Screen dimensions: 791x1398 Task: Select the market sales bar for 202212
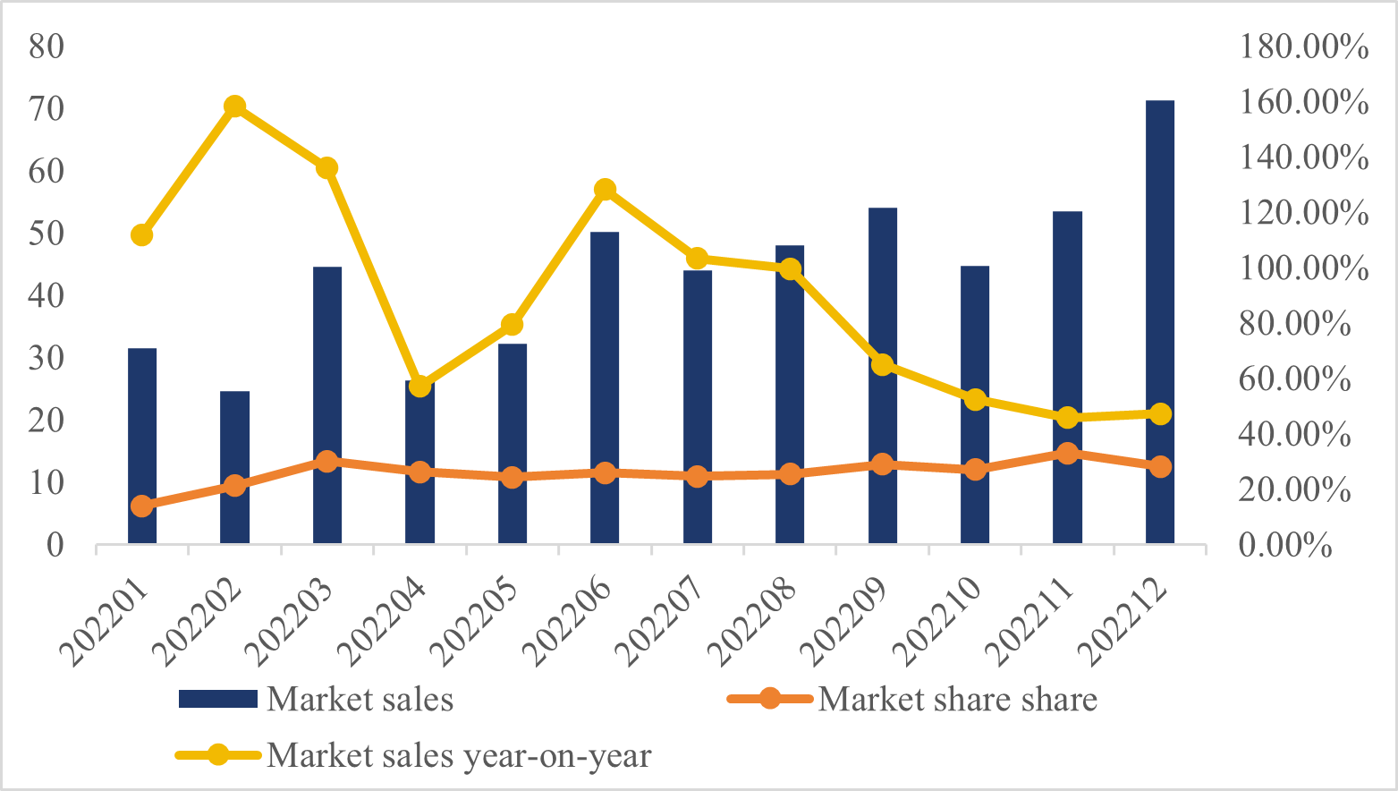[1159, 322]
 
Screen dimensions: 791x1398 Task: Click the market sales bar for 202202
[234, 467]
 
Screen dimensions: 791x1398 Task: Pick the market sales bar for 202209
[882, 376]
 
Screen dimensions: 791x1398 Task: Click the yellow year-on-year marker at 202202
[234, 106]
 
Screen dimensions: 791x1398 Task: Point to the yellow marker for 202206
[605, 190]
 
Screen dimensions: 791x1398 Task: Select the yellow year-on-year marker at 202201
[141, 235]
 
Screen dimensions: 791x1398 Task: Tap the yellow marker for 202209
[882, 364]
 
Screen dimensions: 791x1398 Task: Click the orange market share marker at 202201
[141, 506]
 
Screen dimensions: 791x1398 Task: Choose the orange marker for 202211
[1067, 454]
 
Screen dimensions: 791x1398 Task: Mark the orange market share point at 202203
[326, 462]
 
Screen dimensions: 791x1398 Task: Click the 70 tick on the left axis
[47, 108]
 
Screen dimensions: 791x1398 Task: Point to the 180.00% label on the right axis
[1303, 47]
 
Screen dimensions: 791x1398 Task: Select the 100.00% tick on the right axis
[1303, 268]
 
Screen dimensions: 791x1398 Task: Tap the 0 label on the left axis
[55, 545]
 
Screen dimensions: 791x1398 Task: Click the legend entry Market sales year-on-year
[458, 756]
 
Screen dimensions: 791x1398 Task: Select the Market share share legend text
[957, 699]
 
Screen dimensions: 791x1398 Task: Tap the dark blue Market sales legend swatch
[217, 699]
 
